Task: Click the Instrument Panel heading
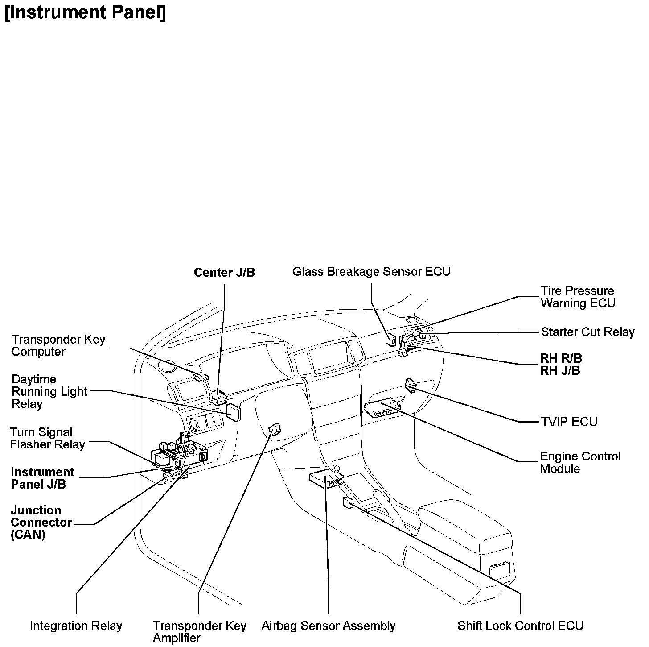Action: (x=85, y=12)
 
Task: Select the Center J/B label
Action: (x=224, y=272)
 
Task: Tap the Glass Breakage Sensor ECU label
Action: (x=371, y=271)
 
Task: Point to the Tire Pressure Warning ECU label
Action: (x=578, y=297)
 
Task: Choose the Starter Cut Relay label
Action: (x=587, y=332)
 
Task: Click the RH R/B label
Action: (x=561, y=358)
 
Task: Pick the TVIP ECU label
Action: (x=569, y=422)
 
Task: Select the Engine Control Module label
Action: (x=580, y=462)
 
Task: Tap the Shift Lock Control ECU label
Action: (x=520, y=626)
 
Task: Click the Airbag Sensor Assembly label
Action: (x=329, y=626)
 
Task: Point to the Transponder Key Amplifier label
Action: (x=199, y=632)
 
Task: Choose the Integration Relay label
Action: (x=76, y=626)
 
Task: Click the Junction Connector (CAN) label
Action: (x=41, y=522)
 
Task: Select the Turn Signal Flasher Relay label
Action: (x=47, y=438)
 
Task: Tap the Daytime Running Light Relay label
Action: (x=49, y=391)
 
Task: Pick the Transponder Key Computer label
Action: (x=58, y=345)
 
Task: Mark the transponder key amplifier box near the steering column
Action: (x=275, y=429)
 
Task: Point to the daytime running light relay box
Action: (x=234, y=412)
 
